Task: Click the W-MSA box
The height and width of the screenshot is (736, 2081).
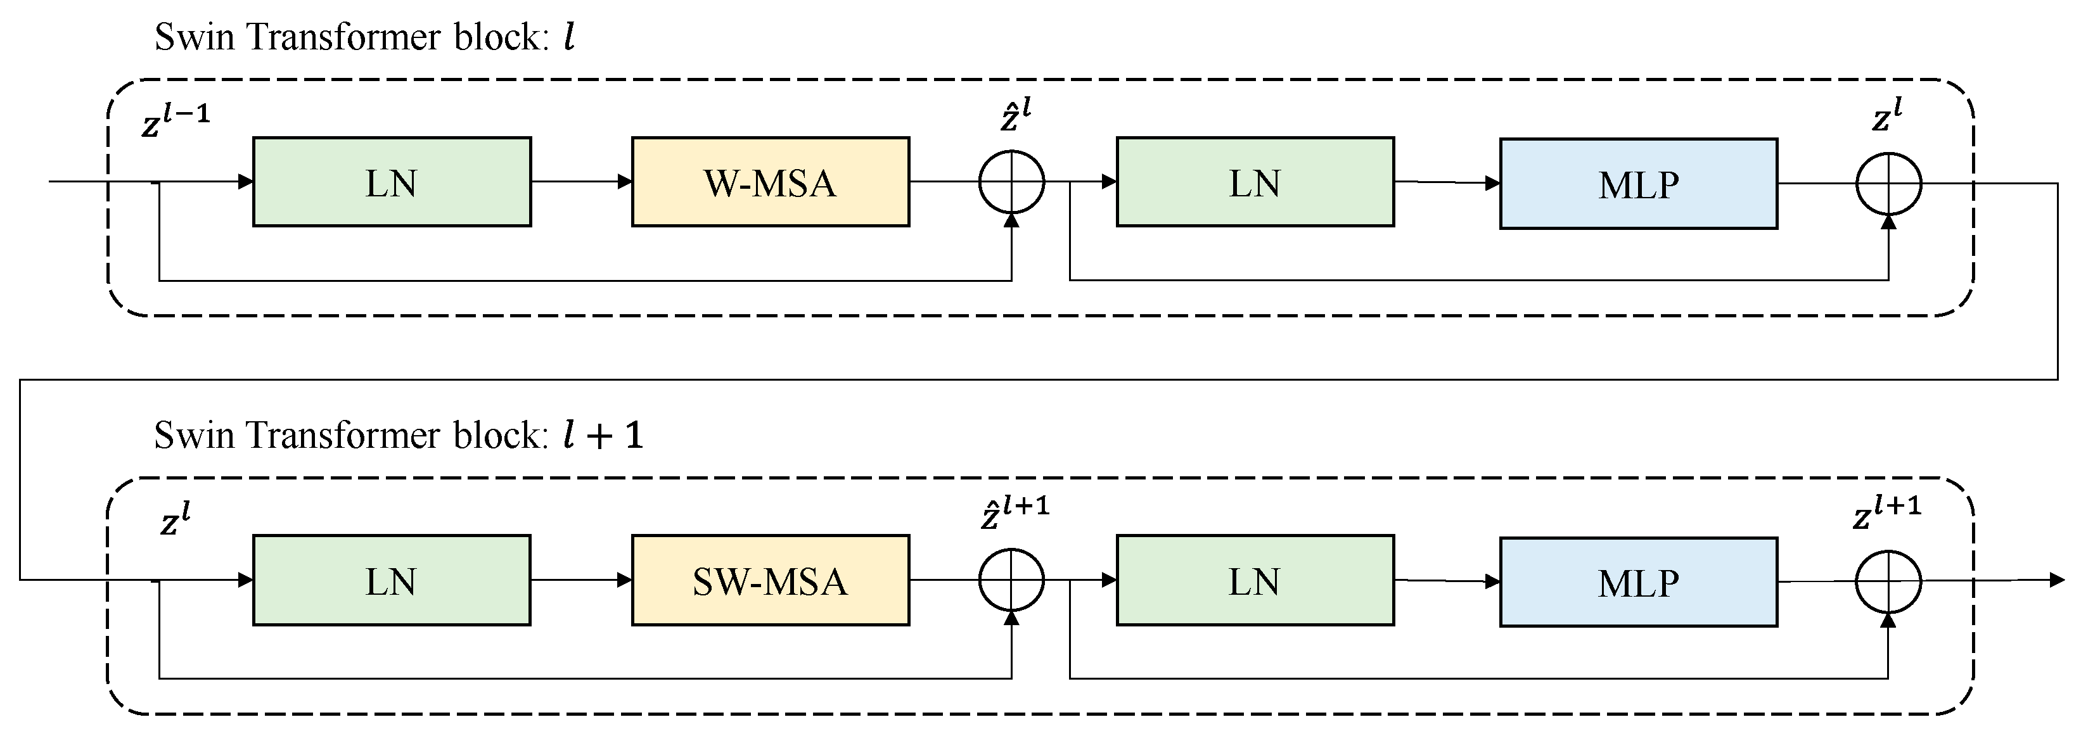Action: [x=770, y=182]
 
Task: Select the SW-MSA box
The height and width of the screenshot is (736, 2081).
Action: [x=770, y=580]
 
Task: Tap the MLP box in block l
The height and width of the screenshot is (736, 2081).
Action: [x=1638, y=184]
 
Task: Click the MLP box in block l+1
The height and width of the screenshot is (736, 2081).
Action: [x=1638, y=581]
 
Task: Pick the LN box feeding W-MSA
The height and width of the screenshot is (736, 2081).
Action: [x=392, y=182]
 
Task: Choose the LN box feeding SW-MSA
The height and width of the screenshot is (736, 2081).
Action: [x=392, y=580]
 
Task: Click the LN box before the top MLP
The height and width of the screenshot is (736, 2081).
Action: [x=1255, y=182]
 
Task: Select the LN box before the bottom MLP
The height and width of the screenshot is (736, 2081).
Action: [x=1255, y=580]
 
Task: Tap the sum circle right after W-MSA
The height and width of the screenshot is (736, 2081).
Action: [x=1011, y=182]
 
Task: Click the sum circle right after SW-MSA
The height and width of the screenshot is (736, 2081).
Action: [x=1011, y=580]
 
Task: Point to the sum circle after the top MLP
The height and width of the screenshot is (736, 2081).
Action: [x=1888, y=184]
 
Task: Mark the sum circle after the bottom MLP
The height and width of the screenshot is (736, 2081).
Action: [x=1888, y=581]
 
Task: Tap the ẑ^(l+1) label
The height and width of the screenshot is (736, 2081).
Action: [x=1015, y=513]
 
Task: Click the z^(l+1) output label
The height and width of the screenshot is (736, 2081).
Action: [x=1886, y=513]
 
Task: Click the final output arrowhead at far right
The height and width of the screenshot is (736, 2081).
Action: [x=2058, y=580]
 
